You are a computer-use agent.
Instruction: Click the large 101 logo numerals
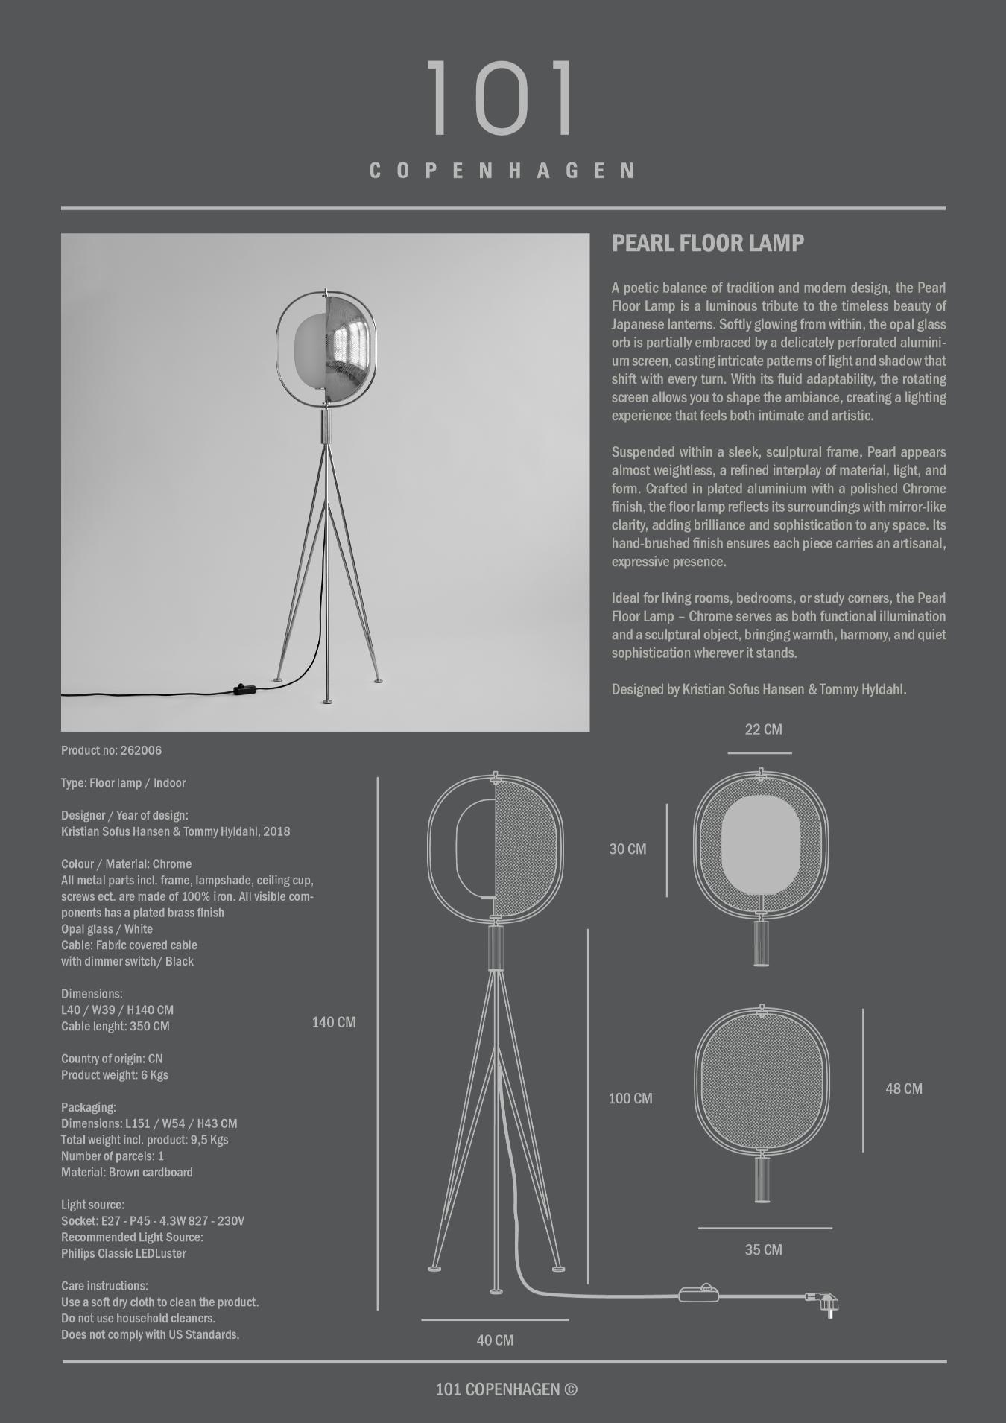(x=502, y=98)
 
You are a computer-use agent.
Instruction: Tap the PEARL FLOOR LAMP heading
(x=707, y=244)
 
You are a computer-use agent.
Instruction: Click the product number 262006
(x=141, y=750)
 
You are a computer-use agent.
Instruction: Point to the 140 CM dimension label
(x=333, y=1022)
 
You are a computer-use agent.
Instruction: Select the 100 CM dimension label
(x=630, y=1098)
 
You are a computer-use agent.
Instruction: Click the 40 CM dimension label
(x=495, y=1340)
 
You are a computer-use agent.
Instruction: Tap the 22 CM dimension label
(x=763, y=729)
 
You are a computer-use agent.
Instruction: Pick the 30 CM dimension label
(x=627, y=849)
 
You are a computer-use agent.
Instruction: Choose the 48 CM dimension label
(x=903, y=1088)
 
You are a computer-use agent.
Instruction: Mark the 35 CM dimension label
(x=763, y=1249)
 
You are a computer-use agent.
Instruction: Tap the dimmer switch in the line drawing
(x=699, y=1294)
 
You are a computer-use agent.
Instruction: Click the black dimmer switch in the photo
(x=244, y=689)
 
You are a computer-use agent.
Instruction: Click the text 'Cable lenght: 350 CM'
(x=115, y=1026)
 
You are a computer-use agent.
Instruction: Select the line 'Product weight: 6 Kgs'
(x=114, y=1074)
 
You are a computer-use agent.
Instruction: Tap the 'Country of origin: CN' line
(x=112, y=1059)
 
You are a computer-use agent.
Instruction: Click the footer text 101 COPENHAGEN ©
(x=506, y=1389)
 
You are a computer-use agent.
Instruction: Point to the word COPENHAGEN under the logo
(x=503, y=171)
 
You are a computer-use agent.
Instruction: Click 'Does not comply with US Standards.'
(x=150, y=1334)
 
